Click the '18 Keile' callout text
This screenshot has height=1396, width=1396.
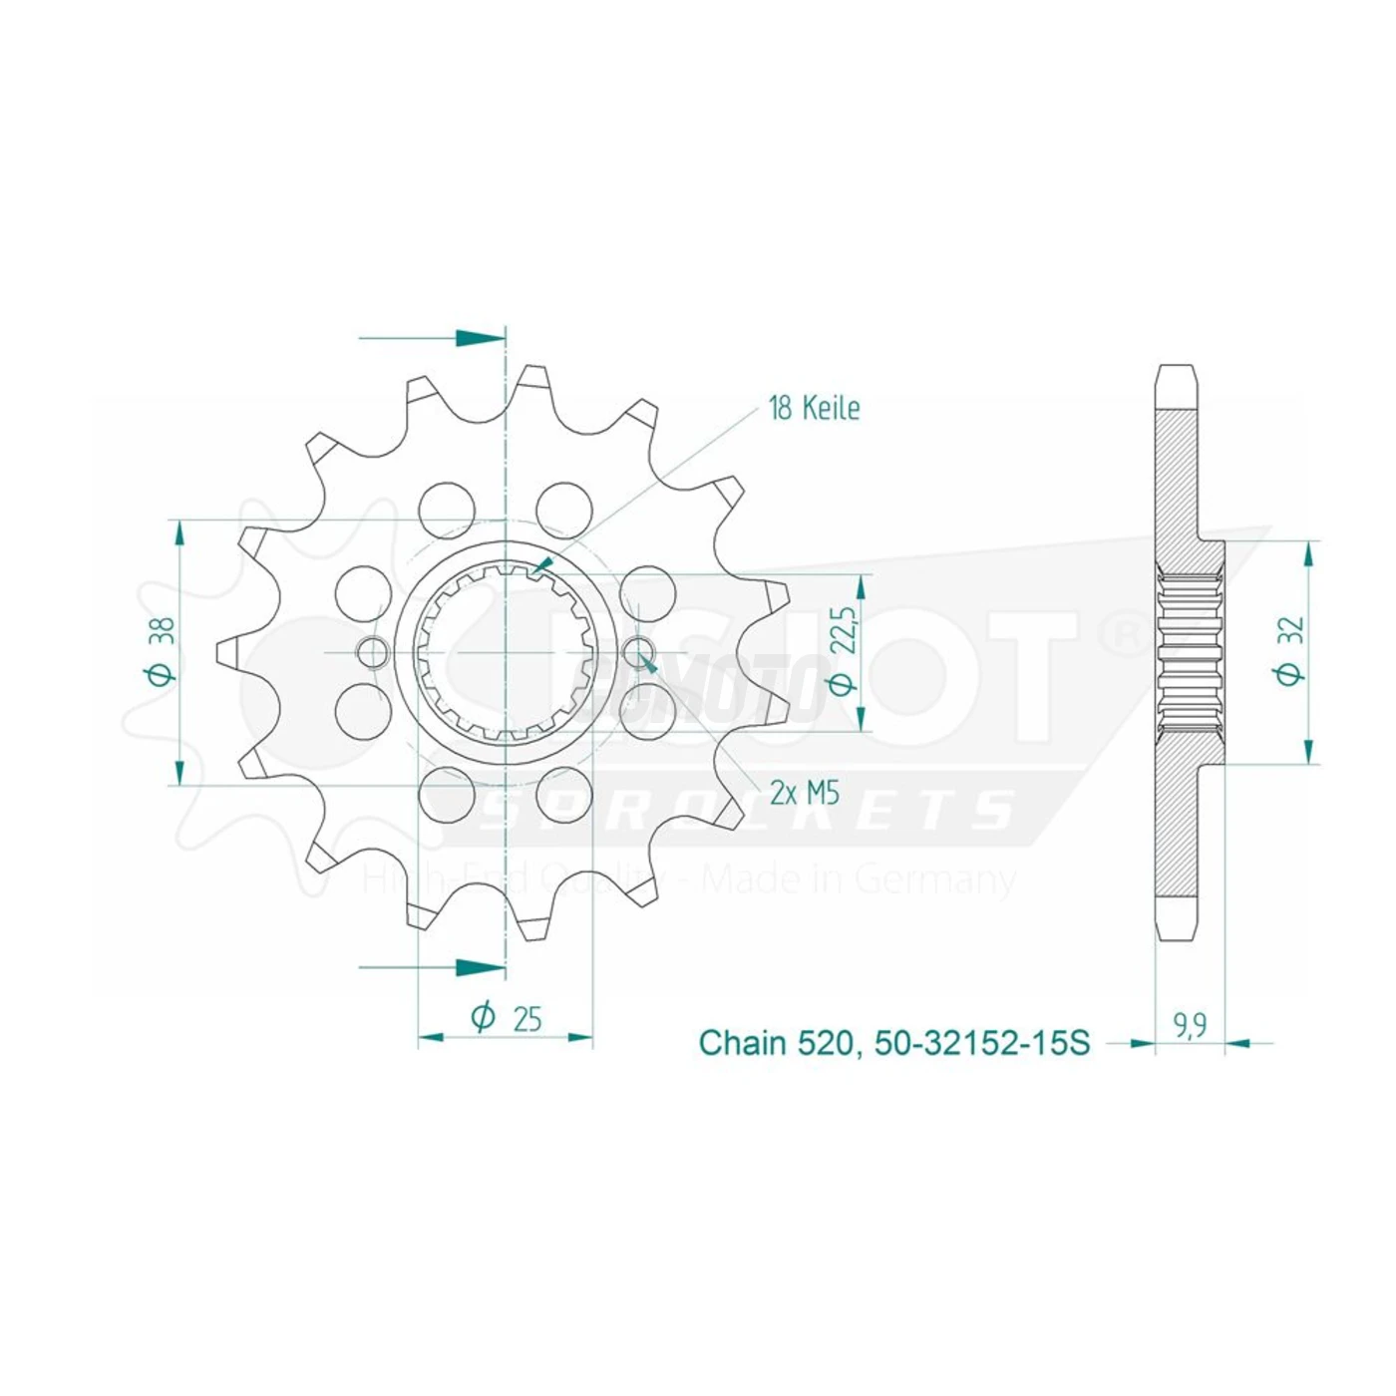point(814,408)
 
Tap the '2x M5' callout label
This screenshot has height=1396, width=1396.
point(805,793)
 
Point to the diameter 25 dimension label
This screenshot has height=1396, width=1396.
point(507,1018)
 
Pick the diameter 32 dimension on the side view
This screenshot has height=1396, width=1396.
point(1289,652)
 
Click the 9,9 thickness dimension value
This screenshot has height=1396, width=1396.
point(1190,1025)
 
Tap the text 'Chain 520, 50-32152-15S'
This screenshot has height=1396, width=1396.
point(894,1043)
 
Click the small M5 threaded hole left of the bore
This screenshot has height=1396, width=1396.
point(373,653)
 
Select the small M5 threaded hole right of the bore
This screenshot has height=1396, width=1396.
point(637,653)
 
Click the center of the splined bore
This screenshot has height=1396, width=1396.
point(506,653)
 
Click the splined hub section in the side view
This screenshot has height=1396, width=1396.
point(1191,652)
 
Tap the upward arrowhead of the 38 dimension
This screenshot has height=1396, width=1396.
point(179,533)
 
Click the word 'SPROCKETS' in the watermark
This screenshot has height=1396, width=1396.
point(748,811)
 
